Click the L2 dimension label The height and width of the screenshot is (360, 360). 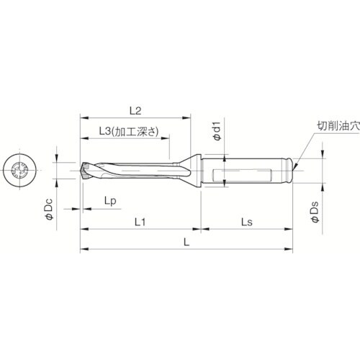click(x=135, y=110)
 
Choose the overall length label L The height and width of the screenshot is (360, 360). click(x=186, y=243)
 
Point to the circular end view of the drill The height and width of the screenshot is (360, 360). click(x=20, y=171)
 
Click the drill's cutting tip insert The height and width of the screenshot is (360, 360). click(x=86, y=171)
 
